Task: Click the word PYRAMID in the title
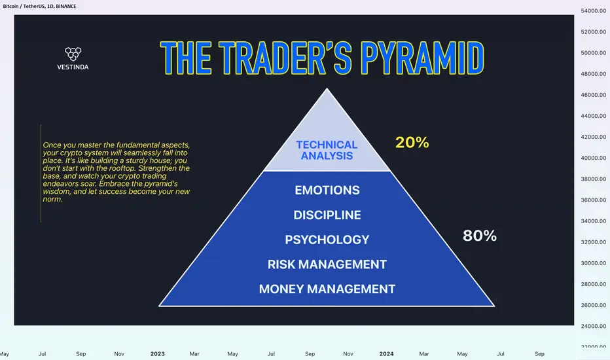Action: tap(422, 58)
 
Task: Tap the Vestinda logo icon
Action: tap(73, 54)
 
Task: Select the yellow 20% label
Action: tap(412, 143)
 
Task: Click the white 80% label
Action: tap(480, 236)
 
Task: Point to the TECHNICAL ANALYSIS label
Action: tap(327, 151)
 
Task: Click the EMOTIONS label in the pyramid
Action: tap(327, 190)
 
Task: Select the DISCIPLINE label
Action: tap(327, 215)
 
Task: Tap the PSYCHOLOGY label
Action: tap(327, 240)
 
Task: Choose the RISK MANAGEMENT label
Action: tap(327, 264)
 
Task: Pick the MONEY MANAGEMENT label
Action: tap(327, 289)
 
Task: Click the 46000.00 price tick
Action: tap(593, 95)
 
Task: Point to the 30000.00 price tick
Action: tap(593, 263)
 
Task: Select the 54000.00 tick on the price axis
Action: tap(593, 11)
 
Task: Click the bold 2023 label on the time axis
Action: tap(158, 353)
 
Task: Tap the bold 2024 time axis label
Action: tap(386, 353)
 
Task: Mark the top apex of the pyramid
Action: tap(327, 88)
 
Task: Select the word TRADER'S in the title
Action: tap(285, 58)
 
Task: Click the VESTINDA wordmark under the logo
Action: tap(73, 67)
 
